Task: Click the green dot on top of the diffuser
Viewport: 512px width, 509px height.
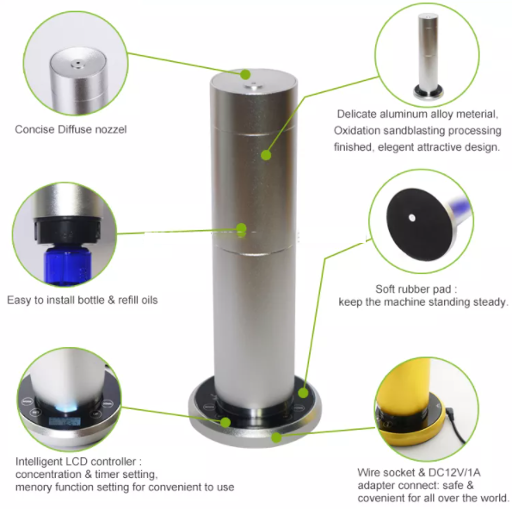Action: [x=245, y=75]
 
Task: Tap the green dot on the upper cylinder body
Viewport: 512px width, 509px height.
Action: [x=266, y=155]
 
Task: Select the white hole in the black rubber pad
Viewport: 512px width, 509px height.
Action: [x=412, y=218]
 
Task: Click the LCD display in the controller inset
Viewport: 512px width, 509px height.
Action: [x=65, y=422]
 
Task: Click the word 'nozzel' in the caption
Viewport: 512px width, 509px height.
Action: [x=110, y=129]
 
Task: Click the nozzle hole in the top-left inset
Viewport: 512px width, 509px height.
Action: [x=77, y=63]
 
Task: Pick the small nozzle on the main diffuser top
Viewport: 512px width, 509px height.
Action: [x=253, y=86]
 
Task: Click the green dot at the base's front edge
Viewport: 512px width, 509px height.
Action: [x=276, y=437]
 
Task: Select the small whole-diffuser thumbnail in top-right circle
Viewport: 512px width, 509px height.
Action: [x=428, y=56]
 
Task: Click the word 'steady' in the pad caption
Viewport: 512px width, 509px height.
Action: [x=489, y=301]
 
